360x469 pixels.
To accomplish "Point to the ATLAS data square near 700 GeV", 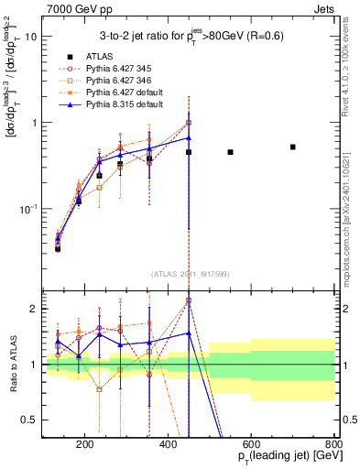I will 293,147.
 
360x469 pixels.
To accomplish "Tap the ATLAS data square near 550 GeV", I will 230,152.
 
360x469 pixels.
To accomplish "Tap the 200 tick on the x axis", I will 85,445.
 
